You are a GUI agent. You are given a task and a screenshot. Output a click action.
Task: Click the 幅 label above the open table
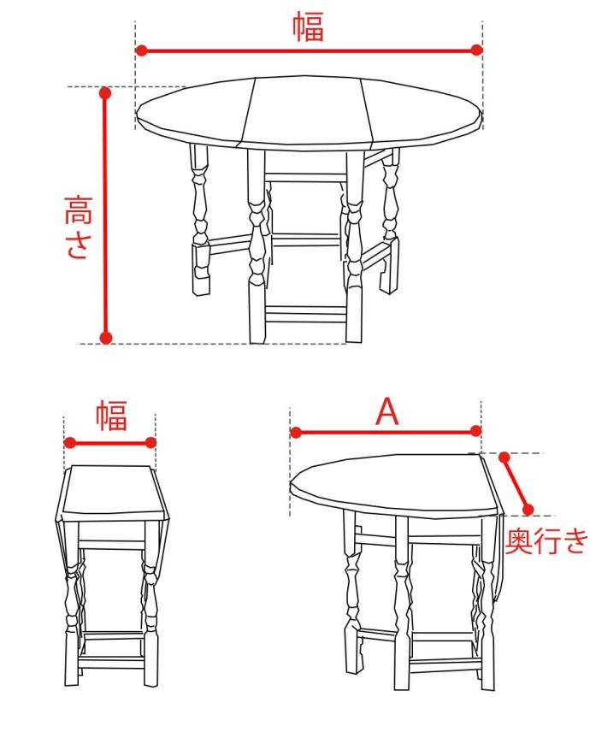[x=309, y=27]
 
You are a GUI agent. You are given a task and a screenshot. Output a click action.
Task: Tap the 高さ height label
[x=78, y=227]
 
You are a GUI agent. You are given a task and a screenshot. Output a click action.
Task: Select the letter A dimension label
[x=387, y=410]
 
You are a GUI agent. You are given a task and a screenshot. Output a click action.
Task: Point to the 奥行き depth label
[x=546, y=540]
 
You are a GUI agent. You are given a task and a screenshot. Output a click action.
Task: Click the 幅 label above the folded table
[x=112, y=416]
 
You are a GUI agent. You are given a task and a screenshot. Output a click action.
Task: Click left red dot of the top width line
[x=141, y=50]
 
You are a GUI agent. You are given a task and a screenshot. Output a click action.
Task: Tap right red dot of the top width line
[x=476, y=50]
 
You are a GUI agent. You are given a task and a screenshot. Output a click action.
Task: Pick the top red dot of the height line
[x=105, y=93]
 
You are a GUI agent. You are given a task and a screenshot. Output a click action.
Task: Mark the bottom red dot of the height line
[x=106, y=338]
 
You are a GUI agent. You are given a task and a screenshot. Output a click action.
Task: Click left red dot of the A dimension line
[x=296, y=432]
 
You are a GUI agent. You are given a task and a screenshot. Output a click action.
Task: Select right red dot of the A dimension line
[x=475, y=431]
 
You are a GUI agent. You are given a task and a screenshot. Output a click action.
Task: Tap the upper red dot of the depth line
[x=504, y=457]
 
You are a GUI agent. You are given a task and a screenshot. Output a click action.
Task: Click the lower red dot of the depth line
[x=528, y=510]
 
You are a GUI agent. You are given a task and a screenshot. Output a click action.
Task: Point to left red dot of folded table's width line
[x=70, y=442]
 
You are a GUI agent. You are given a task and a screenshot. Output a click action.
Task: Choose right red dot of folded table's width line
[x=150, y=442]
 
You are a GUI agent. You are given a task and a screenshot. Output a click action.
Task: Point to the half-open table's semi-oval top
[x=392, y=485]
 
